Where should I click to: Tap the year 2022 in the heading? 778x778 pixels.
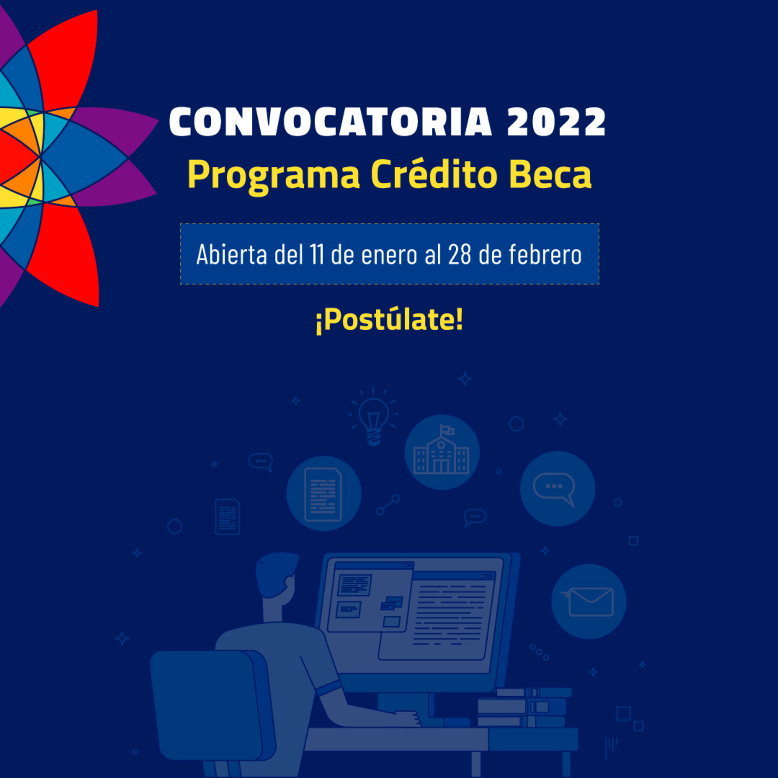pyautogui.click(x=556, y=121)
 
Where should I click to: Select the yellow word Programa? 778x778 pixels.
pyautogui.click(x=273, y=176)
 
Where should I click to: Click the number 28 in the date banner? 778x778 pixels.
pyautogui.click(x=459, y=255)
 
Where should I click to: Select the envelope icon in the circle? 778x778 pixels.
pyautogui.click(x=589, y=602)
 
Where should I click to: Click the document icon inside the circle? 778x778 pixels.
pyautogui.click(x=323, y=495)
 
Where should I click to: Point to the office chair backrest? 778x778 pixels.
pyautogui.click(x=212, y=709)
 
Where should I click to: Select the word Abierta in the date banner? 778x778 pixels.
pyautogui.click(x=231, y=255)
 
